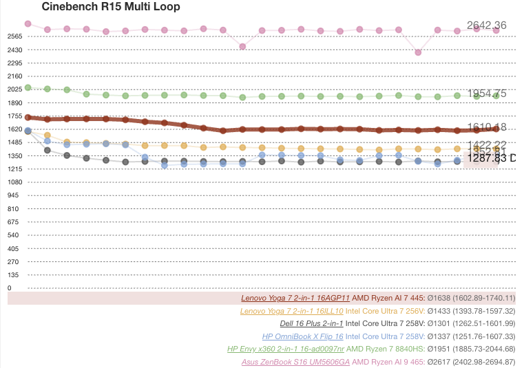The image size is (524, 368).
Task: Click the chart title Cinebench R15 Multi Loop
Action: pos(111,8)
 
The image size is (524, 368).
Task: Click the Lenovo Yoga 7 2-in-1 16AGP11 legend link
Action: pos(295,299)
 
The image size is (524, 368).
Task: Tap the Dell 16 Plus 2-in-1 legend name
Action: pos(311,323)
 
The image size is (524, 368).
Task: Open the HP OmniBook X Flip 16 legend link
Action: pos(302,336)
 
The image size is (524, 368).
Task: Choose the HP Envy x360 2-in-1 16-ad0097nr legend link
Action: pos(286,349)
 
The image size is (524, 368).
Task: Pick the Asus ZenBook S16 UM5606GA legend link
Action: pos(295,361)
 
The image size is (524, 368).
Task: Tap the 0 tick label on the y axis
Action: pos(10,288)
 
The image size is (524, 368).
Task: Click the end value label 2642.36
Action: pos(486,25)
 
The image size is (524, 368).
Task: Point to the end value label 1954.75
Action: pos(486,94)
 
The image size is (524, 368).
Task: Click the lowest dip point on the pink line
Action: pos(418,52)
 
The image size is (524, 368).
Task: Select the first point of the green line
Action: pos(28,87)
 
